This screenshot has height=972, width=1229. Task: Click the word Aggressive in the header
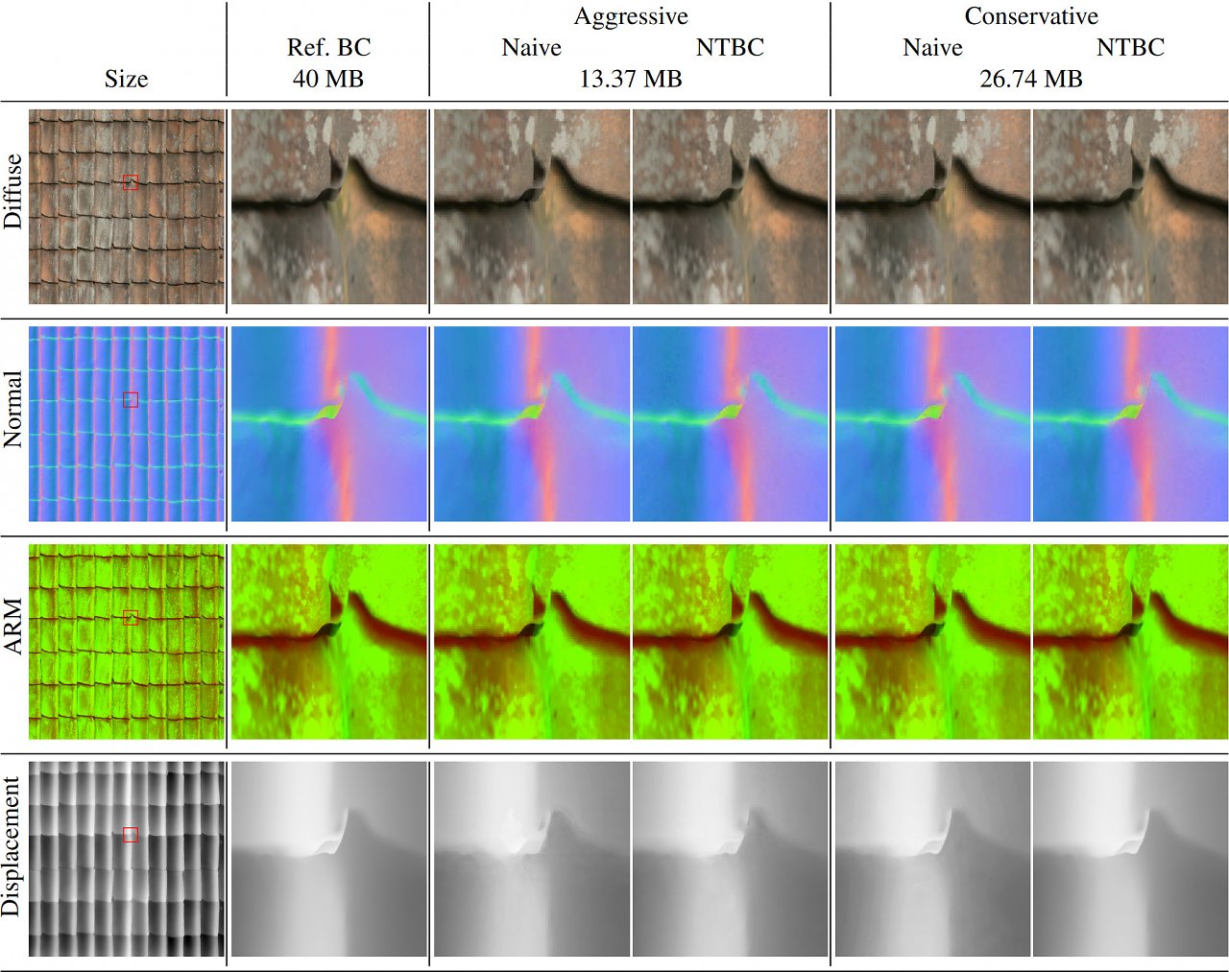[x=631, y=17]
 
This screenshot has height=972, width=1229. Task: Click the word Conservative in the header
[x=1031, y=16]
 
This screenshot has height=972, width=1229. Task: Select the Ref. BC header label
[x=328, y=47]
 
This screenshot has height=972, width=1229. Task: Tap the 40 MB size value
[x=327, y=79]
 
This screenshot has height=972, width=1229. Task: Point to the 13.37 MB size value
[x=631, y=79]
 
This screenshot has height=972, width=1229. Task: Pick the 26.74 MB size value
[x=1031, y=79]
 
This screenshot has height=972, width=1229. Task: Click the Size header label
[x=126, y=79]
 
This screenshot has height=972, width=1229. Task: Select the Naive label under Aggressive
[x=531, y=47]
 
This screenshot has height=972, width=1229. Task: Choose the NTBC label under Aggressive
[x=730, y=47]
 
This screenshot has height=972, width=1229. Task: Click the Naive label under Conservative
[x=932, y=47]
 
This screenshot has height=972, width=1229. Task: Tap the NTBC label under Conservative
[x=1130, y=47]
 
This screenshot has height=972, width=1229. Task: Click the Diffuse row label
[x=12, y=191]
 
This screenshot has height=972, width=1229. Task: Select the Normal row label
[x=12, y=409]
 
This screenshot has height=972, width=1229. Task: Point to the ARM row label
[x=12, y=627]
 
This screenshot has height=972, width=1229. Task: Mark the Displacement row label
[x=12, y=846]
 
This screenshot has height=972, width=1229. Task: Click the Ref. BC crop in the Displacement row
[x=329, y=859]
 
